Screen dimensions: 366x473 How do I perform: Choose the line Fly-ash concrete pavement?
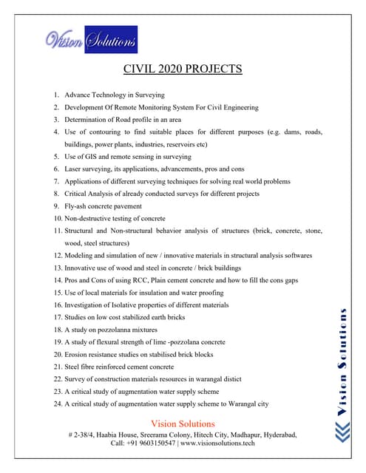coord(103,206)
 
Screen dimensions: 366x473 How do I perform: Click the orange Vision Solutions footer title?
coord(182,423)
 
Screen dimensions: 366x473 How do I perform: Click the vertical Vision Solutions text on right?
coord(343,362)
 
